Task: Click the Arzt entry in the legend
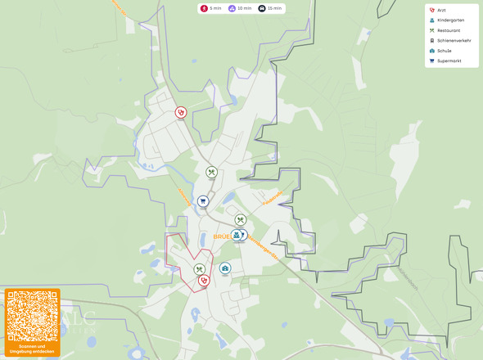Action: [441, 10]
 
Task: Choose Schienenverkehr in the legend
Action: [452, 40]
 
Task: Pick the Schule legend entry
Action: [444, 50]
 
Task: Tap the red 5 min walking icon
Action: [204, 8]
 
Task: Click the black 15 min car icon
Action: [262, 8]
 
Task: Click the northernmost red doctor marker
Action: [181, 112]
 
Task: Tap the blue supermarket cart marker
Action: [202, 200]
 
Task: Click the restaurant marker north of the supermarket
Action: [211, 173]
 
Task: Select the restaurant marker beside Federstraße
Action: [241, 219]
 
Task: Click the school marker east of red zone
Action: [225, 268]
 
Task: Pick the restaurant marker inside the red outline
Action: [199, 269]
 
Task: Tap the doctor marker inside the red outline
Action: [204, 280]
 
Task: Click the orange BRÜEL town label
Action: [220, 236]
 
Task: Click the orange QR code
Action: [32, 315]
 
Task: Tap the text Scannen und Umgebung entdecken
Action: [32, 349]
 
